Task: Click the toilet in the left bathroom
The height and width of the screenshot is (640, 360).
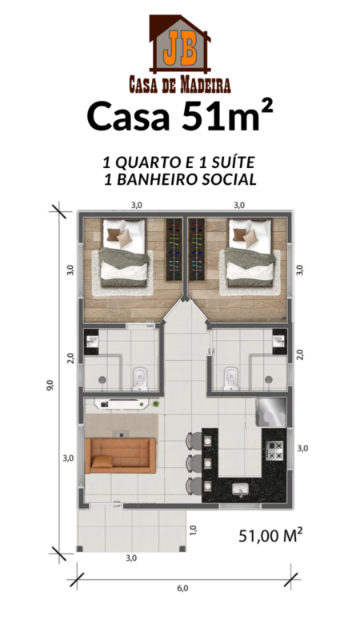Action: click(x=140, y=378)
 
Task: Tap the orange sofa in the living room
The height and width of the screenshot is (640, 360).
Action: click(x=121, y=455)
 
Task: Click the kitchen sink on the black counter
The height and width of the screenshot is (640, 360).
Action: click(x=240, y=488)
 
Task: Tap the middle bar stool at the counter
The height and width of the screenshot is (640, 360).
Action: click(x=193, y=463)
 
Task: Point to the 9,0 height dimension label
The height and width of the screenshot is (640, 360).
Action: click(x=50, y=385)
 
